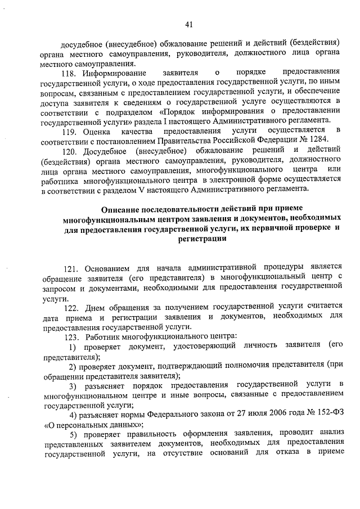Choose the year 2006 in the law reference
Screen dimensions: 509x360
pos(247,415)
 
